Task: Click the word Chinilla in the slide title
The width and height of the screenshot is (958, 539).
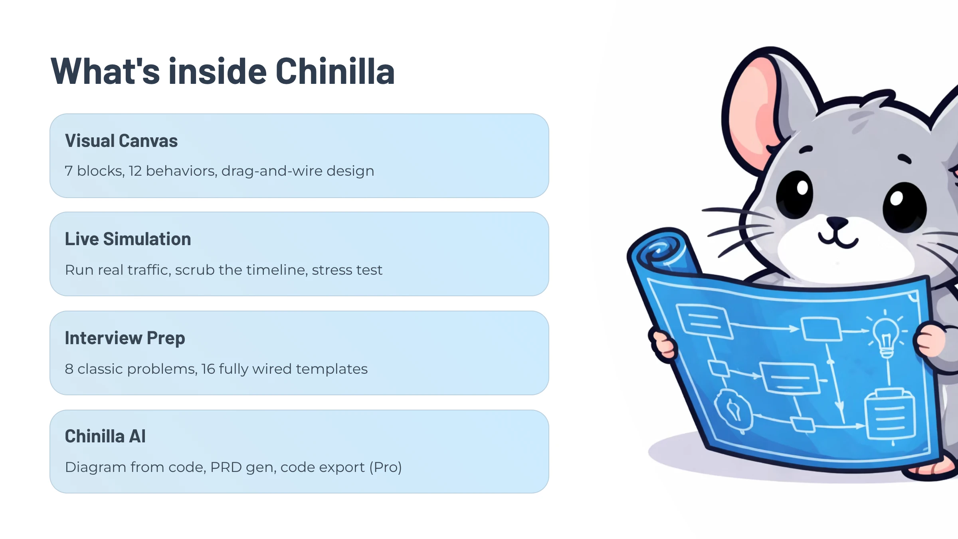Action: pos(335,71)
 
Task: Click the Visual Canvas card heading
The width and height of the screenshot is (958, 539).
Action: pos(121,141)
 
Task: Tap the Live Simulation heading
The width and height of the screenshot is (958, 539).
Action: pos(128,239)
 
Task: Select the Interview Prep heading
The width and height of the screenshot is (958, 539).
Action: pos(125,338)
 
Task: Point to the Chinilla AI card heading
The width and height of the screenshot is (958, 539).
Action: pos(105,436)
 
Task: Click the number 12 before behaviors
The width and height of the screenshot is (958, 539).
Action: pos(135,171)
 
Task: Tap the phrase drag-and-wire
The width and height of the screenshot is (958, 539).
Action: pos(272,171)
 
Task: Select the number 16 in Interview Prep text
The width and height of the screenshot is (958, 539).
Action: pos(208,369)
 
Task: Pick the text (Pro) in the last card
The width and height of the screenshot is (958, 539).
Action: pos(385,468)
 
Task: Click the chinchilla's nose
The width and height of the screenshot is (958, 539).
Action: pos(837,222)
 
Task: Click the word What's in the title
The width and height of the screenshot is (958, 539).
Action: pos(105,71)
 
